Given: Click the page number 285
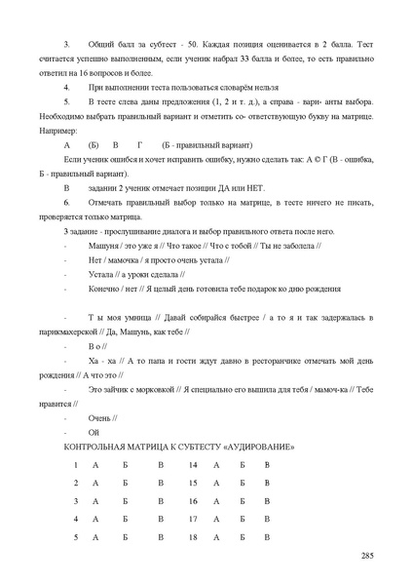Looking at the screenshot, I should tap(367, 555).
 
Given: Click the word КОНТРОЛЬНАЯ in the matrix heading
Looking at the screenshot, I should tap(98, 447).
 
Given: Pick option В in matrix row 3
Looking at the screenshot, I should tap(161, 500).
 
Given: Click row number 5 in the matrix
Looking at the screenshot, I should tap(75, 537).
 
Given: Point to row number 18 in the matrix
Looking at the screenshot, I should tap(193, 537).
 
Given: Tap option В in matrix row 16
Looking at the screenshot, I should tap(267, 500).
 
